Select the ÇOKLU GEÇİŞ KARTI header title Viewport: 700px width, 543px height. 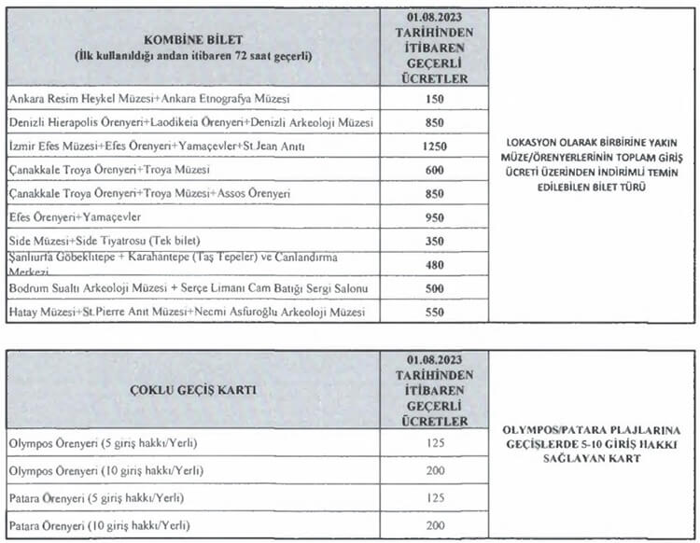click(x=193, y=389)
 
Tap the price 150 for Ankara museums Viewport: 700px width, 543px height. click(x=434, y=99)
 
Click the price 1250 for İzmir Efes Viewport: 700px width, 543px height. click(x=434, y=146)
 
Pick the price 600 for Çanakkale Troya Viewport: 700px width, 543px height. click(x=434, y=170)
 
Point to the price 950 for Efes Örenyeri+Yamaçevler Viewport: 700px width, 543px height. click(x=434, y=216)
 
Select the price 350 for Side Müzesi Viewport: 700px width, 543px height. click(x=434, y=240)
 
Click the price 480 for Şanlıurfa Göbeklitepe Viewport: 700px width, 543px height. click(x=434, y=264)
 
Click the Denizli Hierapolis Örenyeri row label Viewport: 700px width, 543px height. click(x=190, y=123)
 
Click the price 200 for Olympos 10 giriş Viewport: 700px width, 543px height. click(x=434, y=469)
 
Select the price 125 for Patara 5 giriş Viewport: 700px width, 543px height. click(x=434, y=497)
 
